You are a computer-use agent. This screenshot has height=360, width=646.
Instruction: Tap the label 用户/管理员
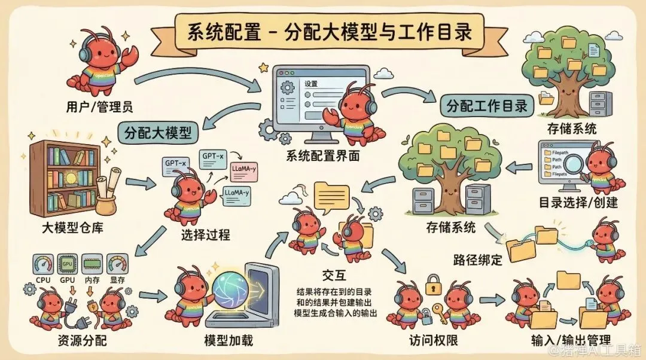[x=99, y=108]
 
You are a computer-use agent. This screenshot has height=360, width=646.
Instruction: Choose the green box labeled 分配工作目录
[x=487, y=106]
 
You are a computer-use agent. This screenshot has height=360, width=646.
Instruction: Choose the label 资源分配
[x=68, y=341]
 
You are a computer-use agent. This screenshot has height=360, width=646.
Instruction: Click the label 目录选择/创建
[x=578, y=202]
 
